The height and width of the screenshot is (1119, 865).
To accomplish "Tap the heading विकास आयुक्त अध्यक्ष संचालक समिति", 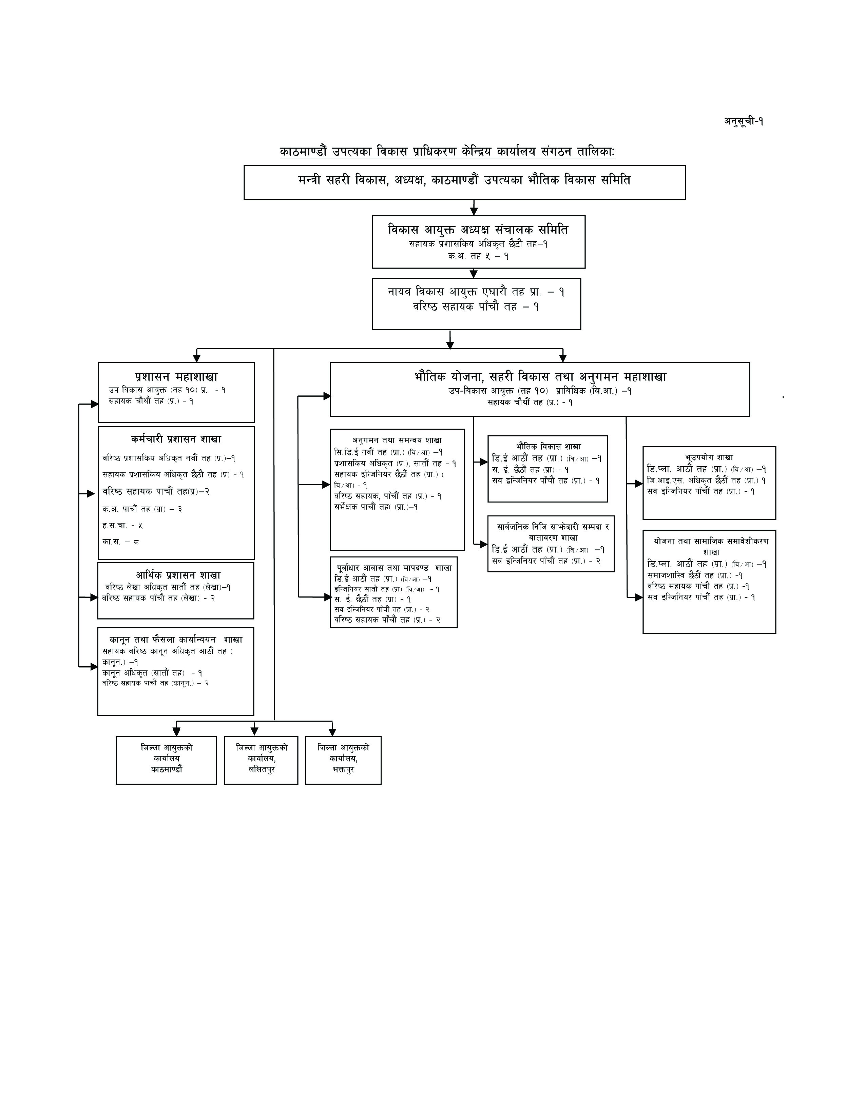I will [x=478, y=230].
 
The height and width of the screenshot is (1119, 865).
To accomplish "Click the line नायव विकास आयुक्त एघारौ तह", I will [x=476, y=292].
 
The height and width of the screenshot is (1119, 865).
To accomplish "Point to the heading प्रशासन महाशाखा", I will [x=176, y=377].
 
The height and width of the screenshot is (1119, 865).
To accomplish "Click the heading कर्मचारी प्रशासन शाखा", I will [x=176, y=439].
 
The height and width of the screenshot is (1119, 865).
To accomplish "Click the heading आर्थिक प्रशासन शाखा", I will [x=178, y=575].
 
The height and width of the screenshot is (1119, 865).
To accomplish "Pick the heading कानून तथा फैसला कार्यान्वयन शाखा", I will [x=176, y=640].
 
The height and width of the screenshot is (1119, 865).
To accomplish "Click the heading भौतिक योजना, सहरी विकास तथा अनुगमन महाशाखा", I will [x=540, y=377].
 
